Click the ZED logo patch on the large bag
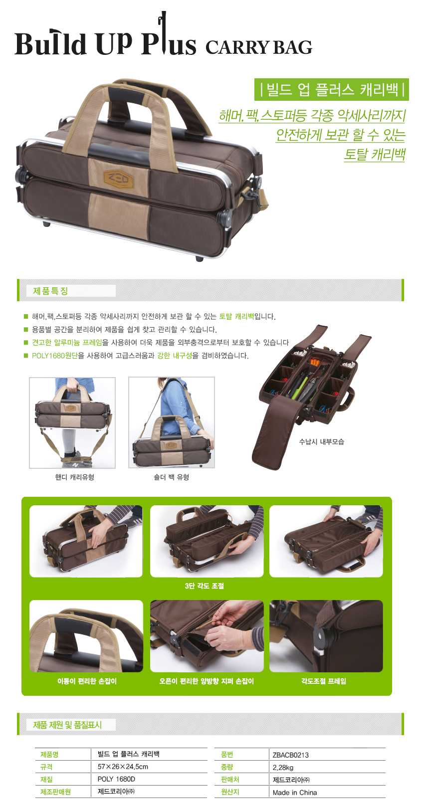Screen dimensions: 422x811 pos(118,179)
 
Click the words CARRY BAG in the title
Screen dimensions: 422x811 pos(258,48)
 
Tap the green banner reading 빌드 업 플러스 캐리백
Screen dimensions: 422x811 pos(331,89)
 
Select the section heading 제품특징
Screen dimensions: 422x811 pos(50,291)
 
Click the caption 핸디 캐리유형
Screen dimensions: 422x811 pos(75,477)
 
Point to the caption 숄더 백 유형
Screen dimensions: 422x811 pos(171,477)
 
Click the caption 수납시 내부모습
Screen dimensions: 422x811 pos(321,442)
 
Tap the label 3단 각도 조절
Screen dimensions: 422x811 pos(205,586)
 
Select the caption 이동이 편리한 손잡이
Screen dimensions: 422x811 pos(87,681)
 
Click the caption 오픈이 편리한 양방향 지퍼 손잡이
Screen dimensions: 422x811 pos(207,681)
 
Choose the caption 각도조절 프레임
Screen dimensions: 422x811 pos(324,681)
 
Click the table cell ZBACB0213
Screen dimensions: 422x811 pos(290,755)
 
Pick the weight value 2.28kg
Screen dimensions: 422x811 pos(283,768)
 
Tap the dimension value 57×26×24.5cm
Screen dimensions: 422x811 pos(123,767)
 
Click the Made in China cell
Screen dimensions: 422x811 pos(295,793)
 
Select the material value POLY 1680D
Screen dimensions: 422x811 pos(116,779)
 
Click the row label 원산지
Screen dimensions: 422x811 pos(230,792)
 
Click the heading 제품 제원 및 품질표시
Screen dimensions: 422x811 pos(67,725)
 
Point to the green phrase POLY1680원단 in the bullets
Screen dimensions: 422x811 pos(55,356)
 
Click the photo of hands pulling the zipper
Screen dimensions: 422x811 pos(207,636)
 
